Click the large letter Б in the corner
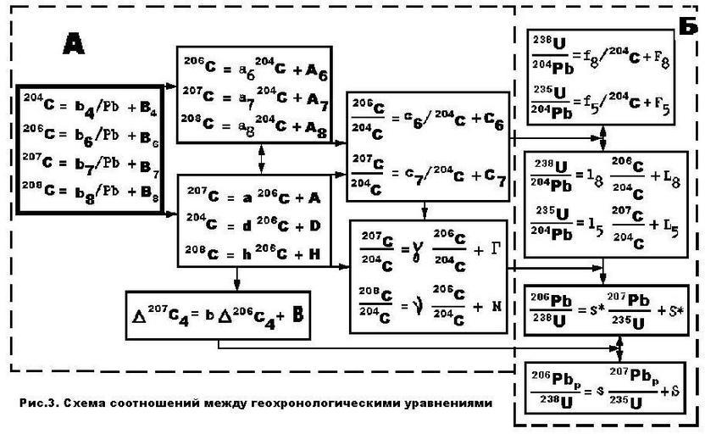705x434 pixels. coord(688,26)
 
